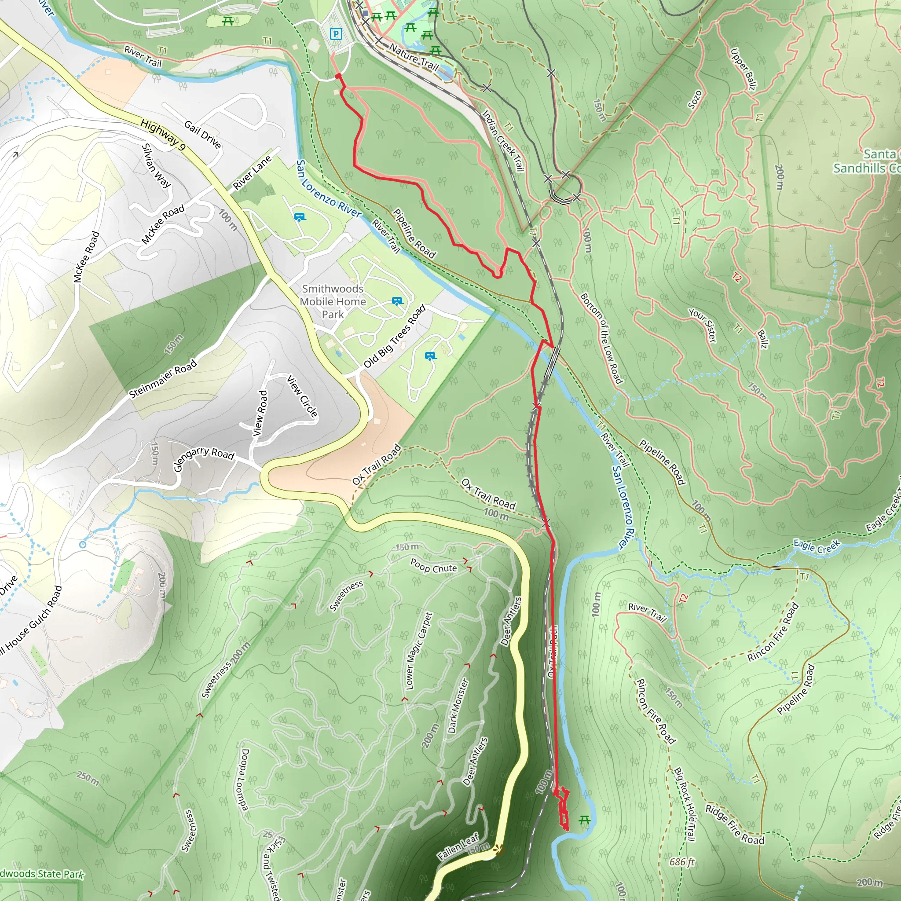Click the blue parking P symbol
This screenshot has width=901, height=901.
pos(336,33)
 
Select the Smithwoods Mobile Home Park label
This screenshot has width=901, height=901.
pos(333,302)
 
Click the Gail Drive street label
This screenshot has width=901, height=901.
pos(202,134)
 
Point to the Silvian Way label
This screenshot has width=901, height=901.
pos(156,165)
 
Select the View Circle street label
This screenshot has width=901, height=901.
pos(302,396)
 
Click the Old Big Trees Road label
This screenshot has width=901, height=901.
pos(395,336)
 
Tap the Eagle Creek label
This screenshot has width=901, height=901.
pos(816,546)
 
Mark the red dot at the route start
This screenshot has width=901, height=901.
pos(338,76)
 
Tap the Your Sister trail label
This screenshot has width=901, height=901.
pos(703,325)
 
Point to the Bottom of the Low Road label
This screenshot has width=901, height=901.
pos(601,339)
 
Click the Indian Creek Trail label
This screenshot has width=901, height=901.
pos(503,140)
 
